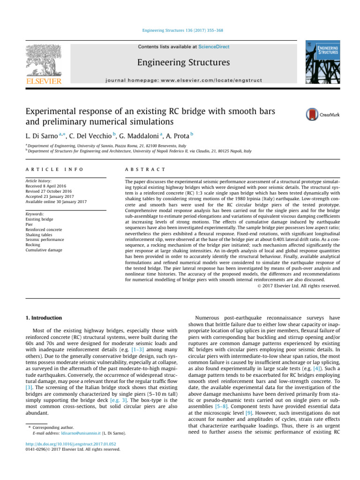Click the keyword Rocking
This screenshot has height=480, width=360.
point(33,245)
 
